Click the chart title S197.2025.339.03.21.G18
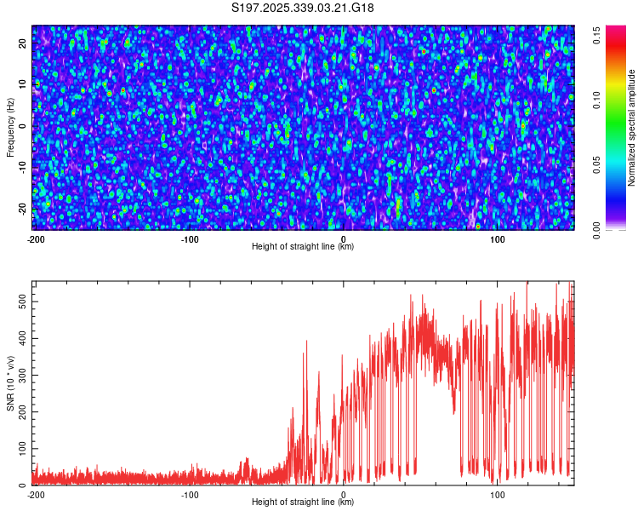pos(303,9)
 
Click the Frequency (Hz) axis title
pos(10,127)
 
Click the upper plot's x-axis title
pos(303,247)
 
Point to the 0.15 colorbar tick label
pos(599,35)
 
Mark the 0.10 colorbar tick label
pos(599,100)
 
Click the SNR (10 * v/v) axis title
pos(10,382)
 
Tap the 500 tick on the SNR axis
pos(18,301)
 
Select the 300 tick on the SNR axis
pos(18,375)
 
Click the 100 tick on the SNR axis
pos(18,448)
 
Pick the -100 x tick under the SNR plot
pos(189,495)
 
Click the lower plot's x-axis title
pos(303,502)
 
